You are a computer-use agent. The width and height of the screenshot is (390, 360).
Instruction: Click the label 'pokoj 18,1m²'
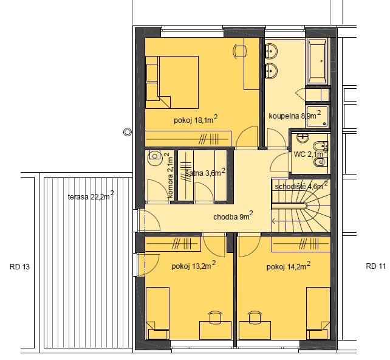tap(196, 120)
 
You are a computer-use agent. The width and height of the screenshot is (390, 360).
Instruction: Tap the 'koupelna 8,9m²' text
tap(295, 116)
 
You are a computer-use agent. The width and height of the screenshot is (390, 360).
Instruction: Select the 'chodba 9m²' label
tap(233, 216)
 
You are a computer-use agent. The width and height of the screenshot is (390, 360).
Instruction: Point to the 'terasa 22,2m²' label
tap(91, 196)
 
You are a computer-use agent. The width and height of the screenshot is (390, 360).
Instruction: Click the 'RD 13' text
tap(19, 266)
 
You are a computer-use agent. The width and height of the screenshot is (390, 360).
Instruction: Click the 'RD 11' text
tap(375, 266)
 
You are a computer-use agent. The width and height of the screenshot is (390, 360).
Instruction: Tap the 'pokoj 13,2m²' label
tap(194, 266)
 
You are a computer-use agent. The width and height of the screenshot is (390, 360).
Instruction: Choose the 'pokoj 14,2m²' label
tap(289, 266)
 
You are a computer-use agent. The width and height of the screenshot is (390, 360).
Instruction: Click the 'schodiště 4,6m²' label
tap(301, 185)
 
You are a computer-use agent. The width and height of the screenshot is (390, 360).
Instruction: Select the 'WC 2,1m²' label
tap(310, 154)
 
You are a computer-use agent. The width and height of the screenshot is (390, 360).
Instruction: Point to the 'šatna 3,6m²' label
tap(205, 172)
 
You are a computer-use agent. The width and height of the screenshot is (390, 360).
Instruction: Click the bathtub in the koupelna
tap(318, 61)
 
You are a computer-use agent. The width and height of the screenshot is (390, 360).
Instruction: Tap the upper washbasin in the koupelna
tap(271, 51)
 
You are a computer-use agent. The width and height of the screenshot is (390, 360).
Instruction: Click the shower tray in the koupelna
tap(317, 116)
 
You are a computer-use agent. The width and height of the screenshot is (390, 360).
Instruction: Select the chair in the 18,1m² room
tap(240, 51)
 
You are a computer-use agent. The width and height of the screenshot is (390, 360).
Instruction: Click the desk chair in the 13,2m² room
tap(215, 317)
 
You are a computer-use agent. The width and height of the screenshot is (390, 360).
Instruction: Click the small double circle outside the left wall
tap(128, 132)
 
